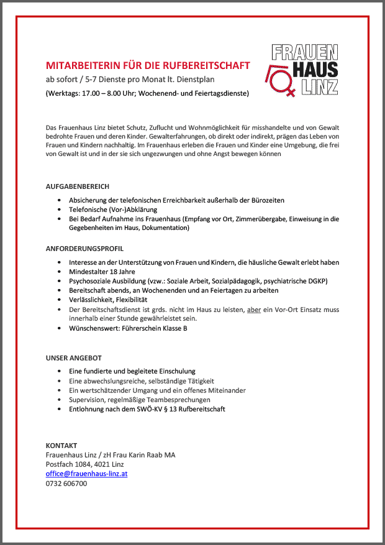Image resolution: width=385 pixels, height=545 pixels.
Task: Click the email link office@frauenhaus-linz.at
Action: pos(87,474)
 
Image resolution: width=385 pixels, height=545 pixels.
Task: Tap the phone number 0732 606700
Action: pos(66,483)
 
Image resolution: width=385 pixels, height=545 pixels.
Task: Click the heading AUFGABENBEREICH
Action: pos(78,186)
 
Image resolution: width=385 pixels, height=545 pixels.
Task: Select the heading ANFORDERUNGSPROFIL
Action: pos(84,247)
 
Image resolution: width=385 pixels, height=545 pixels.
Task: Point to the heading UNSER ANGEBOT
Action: pos(73,358)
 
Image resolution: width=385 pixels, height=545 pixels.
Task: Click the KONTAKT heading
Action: pos(61,446)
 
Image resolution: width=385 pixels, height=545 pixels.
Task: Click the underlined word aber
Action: pos(253,309)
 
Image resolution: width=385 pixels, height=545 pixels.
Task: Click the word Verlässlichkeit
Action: pos(91,300)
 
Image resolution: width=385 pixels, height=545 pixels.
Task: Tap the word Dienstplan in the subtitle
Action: pos(210,80)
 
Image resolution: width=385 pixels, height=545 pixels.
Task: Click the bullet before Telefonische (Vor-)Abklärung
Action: pos(59,210)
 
